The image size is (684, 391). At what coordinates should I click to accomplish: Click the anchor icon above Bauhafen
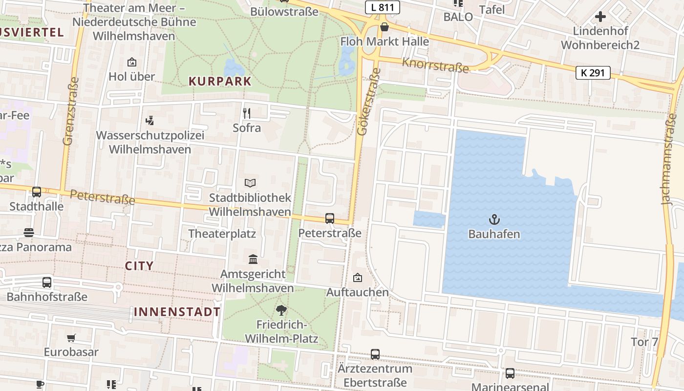point(494,219)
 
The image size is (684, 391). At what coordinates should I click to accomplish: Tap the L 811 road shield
point(383,7)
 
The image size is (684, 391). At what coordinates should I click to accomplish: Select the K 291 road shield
point(593,73)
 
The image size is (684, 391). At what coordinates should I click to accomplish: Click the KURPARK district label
point(220,82)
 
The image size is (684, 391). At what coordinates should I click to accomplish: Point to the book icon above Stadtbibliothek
point(250,183)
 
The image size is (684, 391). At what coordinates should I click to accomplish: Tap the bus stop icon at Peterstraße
point(330,218)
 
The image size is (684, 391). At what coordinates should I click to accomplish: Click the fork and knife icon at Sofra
point(247,113)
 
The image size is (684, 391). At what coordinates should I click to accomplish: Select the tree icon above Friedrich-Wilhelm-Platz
point(281,309)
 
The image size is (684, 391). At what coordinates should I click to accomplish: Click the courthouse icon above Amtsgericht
point(253,259)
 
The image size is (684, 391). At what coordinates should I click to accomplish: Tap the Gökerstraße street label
point(368,102)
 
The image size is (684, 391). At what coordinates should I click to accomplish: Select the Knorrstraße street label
point(435,65)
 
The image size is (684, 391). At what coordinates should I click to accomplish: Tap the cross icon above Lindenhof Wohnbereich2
point(600,17)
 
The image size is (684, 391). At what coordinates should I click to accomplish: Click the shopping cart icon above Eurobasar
point(71,338)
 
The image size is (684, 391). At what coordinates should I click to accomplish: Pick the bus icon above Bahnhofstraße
point(47,282)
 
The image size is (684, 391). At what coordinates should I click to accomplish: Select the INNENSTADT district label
point(177,312)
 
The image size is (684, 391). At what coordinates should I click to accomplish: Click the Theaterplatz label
point(222,234)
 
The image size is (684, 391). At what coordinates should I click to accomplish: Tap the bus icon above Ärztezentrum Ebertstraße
point(375,354)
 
